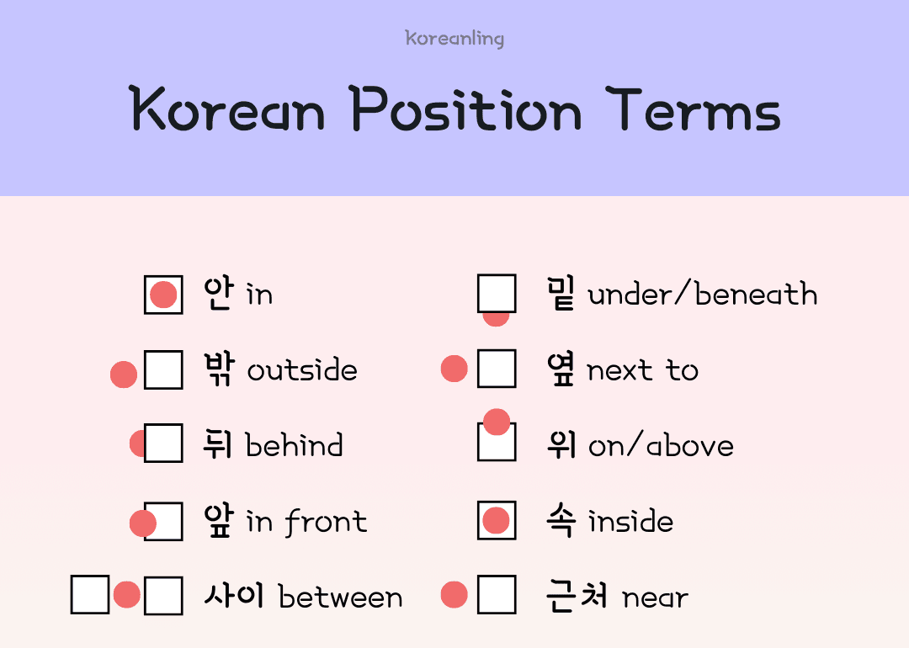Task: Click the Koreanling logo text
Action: pos(454,39)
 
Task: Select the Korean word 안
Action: pos(218,294)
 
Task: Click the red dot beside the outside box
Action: pos(124,374)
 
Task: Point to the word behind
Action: pos(294,445)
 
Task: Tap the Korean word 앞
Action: pos(218,521)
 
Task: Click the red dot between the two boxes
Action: pos(127,595)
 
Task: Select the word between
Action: pos(340,598)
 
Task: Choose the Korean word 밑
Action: pos(561,294)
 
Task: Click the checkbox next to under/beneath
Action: pos(497,294)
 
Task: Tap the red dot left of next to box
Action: pos(454,369)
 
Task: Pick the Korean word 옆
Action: pos(561,369)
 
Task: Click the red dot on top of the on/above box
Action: pos(497,422)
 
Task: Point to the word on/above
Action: pos(661,446)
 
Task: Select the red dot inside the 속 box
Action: pos(497,521)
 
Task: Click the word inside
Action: pos(630,521)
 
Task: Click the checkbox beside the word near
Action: pos(497,595)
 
